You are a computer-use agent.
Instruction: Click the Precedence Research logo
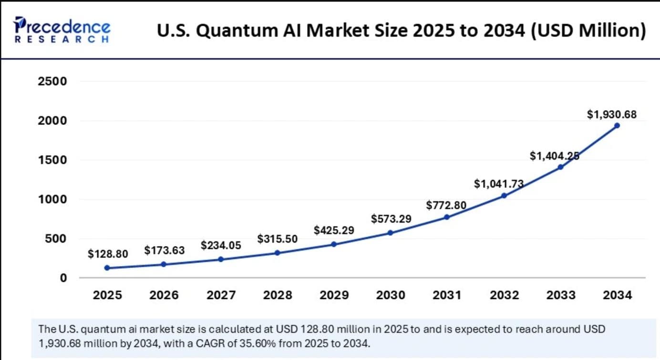(x=62, y=30)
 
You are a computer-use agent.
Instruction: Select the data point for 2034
(x=617, y=125)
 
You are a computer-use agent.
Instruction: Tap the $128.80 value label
(x=108, y=254)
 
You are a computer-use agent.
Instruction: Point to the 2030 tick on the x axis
(x=391, y=295)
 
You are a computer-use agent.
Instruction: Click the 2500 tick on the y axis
(x=52, y=82)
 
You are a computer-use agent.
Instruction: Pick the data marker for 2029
(x=334, y=244)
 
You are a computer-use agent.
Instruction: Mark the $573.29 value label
(x=391, y=219)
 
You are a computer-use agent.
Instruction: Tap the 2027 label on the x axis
(x=221, y=295)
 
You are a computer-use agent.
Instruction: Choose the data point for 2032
(x=504, y=195)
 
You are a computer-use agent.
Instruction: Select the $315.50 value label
(x=278, y=238)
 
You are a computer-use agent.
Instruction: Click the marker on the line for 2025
(x=107, y=268)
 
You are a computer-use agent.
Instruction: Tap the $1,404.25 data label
(x=554, y=155)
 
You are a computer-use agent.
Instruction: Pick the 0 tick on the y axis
(x=62, y=278)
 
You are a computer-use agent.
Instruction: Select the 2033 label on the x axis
(x=560, y=295)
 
